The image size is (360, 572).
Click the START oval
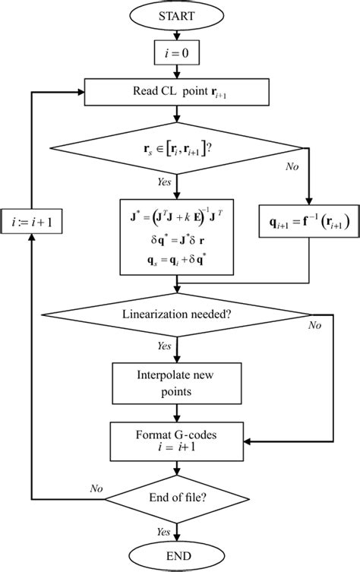coord(176,15)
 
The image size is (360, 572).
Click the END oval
coord(176,557)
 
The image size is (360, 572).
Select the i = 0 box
coord(176,54)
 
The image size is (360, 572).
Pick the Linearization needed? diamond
coord(176,314)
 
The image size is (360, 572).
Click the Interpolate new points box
coord(176,384)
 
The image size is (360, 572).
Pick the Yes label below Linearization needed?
coord(162,346)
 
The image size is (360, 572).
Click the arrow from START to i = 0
coord(176,34)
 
